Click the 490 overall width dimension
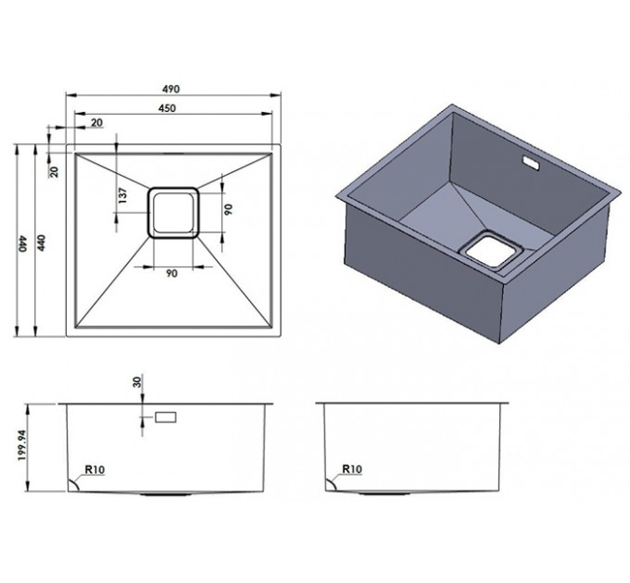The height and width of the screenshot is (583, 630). (x=171, y=89)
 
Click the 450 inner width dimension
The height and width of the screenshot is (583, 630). (x=167, y=108)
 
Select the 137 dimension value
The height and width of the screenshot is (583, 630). (x=123, y=195)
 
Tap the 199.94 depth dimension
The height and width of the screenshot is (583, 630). (x=22, y=445)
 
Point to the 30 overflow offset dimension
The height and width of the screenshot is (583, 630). (x=137, y=382)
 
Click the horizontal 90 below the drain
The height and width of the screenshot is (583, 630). (x=171, y=273)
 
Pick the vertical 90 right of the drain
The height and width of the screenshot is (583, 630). (x=228, y=209)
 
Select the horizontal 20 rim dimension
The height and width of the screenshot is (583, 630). (x=97, y=122)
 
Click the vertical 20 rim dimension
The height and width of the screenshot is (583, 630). (x=55, y=172)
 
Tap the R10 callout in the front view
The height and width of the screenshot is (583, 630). (x=94, y=469)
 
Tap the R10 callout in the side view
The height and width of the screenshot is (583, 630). (x=352, y=468)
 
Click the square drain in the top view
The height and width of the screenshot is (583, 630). (x=173, y=213)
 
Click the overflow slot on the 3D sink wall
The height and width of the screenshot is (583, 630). (x=531, y=163)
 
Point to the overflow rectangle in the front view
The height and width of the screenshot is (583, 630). (x=166, y=417)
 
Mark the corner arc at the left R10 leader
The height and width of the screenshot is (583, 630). (x=75, y=484)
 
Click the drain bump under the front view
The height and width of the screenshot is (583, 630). (x=166, y=495)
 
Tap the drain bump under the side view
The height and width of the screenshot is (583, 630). (x=384, y=493)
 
